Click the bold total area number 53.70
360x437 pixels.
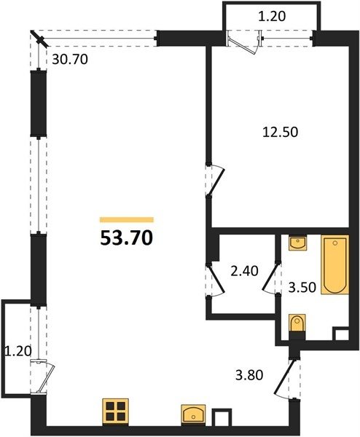coord(127,239)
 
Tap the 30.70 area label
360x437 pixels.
coord(70,60)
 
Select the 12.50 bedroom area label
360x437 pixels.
coord(281,132)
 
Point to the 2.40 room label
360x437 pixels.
coord(245,271)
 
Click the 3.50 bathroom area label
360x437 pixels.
coord(302,288)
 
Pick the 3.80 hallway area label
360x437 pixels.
coord(249,375)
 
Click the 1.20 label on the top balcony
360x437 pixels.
coord(272,17)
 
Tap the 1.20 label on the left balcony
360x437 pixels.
coord(17,351)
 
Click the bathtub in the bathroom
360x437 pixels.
coord(335,264)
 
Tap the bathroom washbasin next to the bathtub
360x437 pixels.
coord(297,243)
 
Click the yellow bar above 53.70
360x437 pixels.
coord(127,220)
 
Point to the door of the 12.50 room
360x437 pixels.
coord(215,181)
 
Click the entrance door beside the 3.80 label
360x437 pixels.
coord(284,379)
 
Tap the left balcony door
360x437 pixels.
coord(42,377)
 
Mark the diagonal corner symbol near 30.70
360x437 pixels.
coord(40,39)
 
